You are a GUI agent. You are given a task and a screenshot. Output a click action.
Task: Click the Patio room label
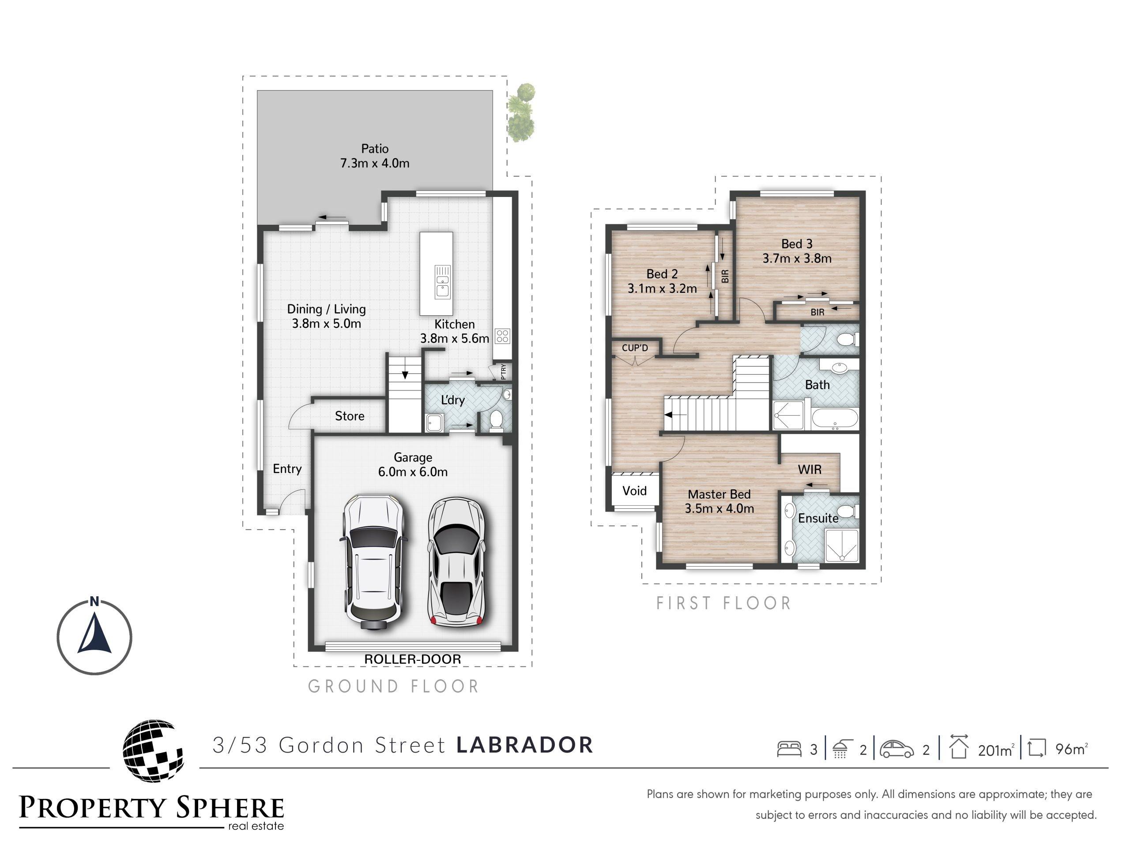click(x=375, y=149)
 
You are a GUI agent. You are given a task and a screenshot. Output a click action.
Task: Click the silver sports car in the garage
click(x=455, y=562)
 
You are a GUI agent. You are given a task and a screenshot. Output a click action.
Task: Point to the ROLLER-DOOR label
click(x=412, y=659)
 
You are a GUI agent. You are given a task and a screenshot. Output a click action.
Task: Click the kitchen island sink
click(x=442, y=282)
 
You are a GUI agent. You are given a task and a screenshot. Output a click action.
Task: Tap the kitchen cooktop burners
click(x=502, y=336)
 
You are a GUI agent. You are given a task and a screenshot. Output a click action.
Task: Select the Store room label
click(x=350, y=416)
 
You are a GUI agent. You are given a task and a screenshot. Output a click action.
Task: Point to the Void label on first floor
click(x=634, y=491)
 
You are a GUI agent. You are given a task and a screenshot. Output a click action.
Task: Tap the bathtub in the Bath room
click(x=835, y=419)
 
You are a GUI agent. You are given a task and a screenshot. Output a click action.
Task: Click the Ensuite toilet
click(x=849, y=511)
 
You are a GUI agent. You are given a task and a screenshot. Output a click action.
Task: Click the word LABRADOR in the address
click(x=525, y=745)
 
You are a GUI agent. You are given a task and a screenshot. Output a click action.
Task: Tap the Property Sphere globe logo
click(x=153, y=750)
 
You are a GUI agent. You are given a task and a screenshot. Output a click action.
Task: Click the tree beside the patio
click(x=521, y=113)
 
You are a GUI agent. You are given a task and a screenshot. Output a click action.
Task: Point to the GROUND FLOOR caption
click(x=393, y=686)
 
